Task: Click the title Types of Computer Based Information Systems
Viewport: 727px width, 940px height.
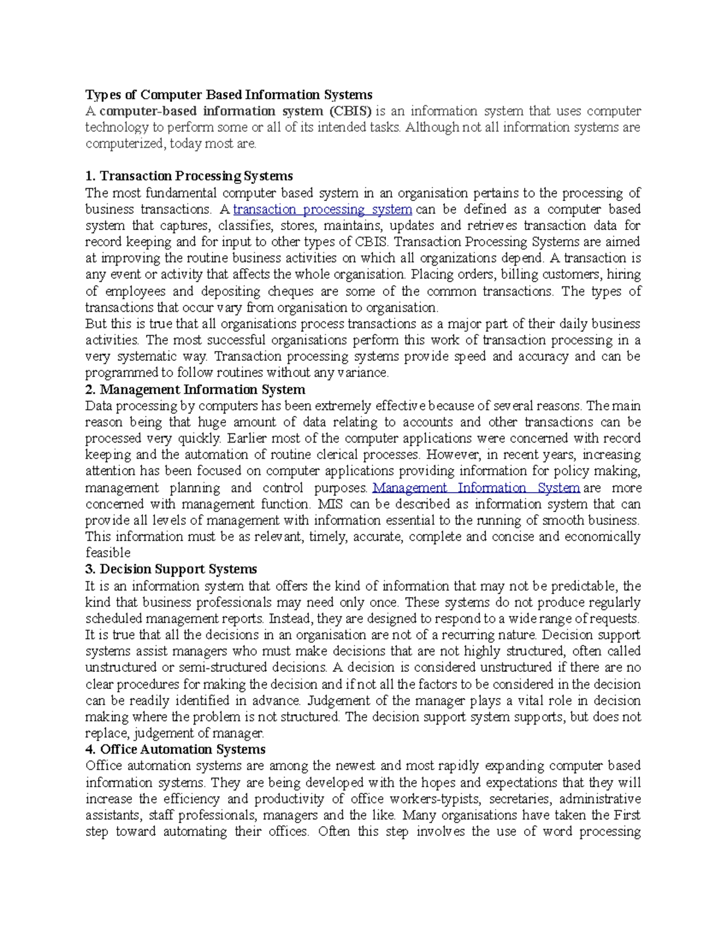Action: [228, 94]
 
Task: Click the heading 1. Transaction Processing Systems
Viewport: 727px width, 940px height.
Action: [189, 176]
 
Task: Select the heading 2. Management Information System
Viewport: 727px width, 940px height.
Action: [195, 389]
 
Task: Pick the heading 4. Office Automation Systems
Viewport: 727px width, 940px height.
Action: [175, 749]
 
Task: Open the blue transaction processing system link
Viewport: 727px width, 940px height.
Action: [322, 209]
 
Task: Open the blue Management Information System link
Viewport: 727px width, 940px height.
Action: [476, 488]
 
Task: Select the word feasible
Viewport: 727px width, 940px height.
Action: [108, 553]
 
